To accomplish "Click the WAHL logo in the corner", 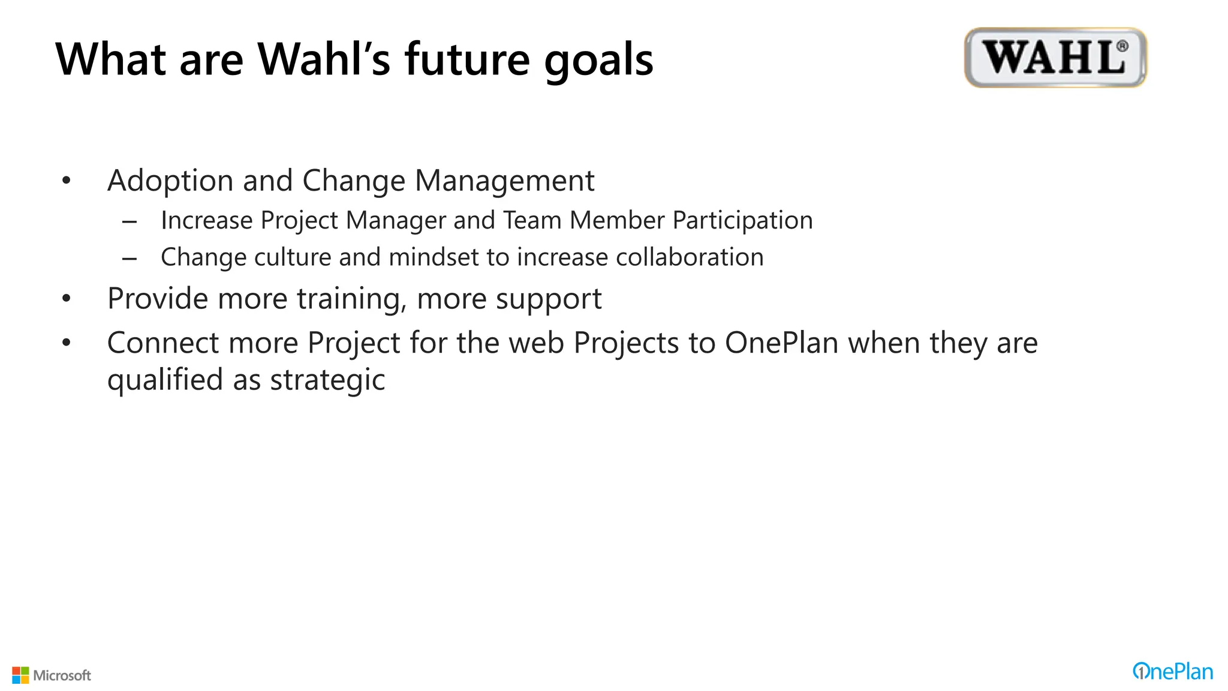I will [x=1055, y=58].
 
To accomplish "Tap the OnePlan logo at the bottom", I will [x=1172, y=672].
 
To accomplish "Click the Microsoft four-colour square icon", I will [x=20, y=675].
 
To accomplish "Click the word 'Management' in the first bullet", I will [x=504, y=181].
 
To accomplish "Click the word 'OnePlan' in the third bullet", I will [x=781, y=343].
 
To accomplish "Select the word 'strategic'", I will [x=327, y=380].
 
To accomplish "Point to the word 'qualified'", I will [x=165, y=380].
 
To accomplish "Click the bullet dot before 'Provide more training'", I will [x=67, y=298].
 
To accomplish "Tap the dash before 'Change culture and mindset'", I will [x=130, y=259].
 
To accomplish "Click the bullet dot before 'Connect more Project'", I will [x=67, y=343].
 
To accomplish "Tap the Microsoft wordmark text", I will [x=62, y=675].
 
